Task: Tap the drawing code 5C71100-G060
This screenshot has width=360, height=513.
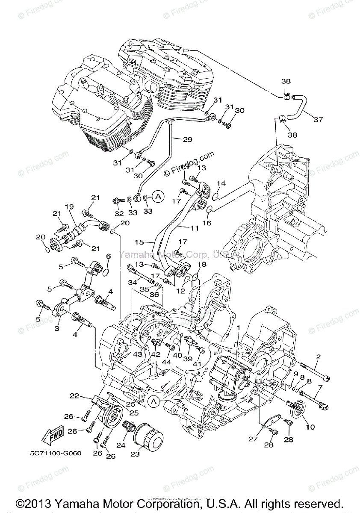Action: (51, 452)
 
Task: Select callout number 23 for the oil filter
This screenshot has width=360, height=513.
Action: (135, 454)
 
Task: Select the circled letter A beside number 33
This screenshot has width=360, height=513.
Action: (158, 196)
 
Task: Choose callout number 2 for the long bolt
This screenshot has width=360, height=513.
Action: (318, 357)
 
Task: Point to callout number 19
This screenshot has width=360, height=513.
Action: (70, 206)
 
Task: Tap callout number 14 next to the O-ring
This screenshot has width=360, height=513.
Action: (220, 183)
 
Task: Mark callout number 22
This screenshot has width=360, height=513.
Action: (75, 396)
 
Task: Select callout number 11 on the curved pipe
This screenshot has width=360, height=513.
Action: (194, 228)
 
